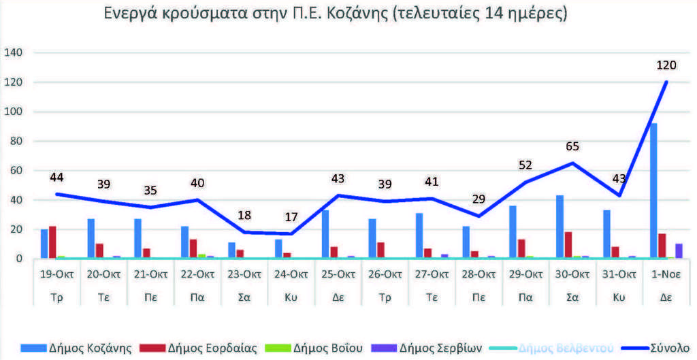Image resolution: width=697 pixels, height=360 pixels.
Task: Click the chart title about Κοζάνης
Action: coord(336,14)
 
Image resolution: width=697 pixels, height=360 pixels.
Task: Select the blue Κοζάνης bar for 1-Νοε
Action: coord(654,191)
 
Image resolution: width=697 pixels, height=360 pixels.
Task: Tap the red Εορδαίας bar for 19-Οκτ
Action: coord(52,243)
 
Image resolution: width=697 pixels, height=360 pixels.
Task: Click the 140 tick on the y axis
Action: coord(14,53)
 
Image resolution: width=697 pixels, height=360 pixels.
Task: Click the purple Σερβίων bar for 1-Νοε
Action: coord(678,251)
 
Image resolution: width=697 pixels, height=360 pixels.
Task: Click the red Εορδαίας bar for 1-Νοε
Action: coord(662,246)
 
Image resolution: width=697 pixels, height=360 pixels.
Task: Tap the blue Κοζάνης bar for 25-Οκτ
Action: coord(325,235)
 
